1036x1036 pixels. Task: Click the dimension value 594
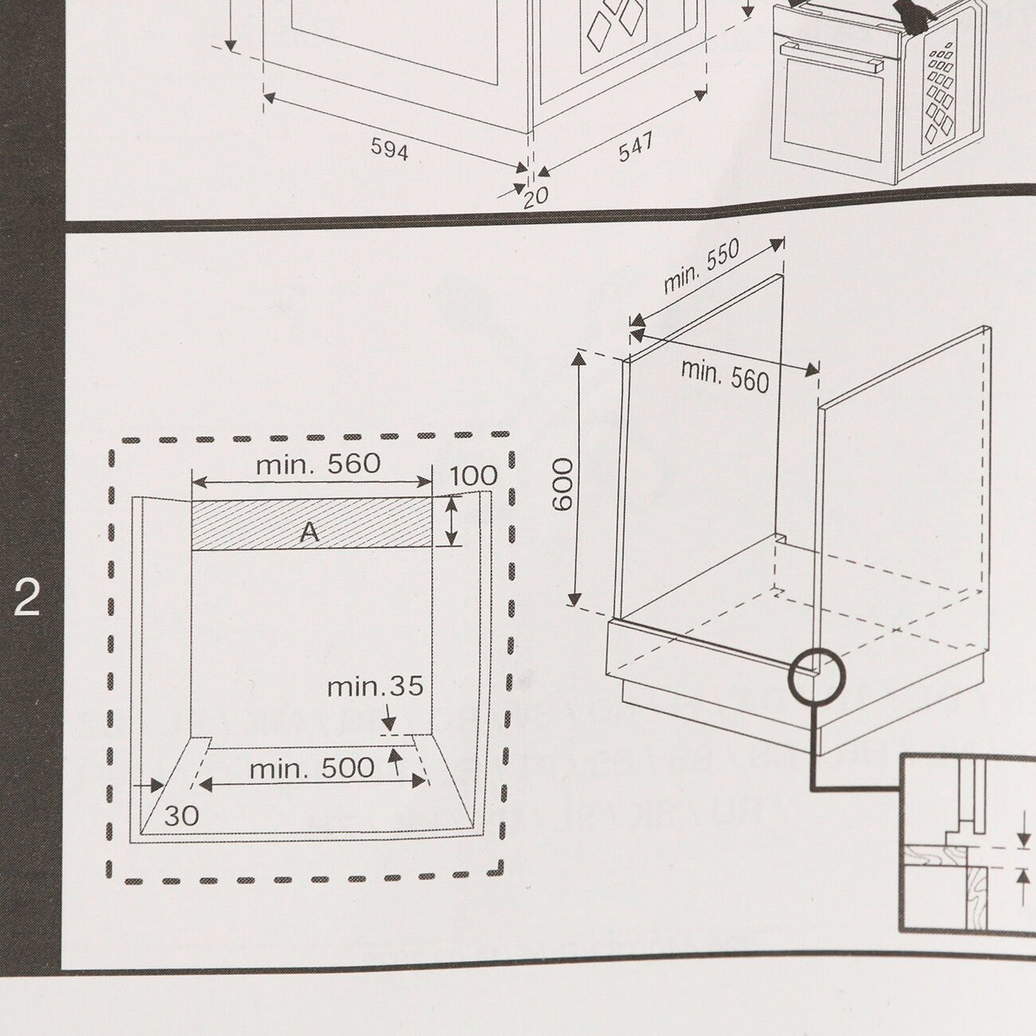pyautogui.click(x=390, y=149)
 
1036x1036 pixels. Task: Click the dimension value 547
pyautogui.click(x=636, y=147)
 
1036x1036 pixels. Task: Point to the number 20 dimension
pyautogui.click(x=536, y=197)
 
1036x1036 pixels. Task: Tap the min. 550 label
pyautogui.click(x=701, y=266)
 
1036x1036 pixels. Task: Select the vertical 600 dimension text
pyautogui.click(x=563, y=485)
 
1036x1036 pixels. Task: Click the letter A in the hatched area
pyautogui.click(x=309, y=532)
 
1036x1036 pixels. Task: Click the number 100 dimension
pyautogui.click(x=473, y=477)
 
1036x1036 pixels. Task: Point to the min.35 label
pyautogui.click(x=375, y=687)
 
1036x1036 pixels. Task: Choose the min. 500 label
pyautogui.click(x=312, y=769)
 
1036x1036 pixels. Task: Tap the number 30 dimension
pyautogui.click(x=181, y=815)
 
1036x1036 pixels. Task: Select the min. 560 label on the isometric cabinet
pyautogui.click(x=725, y=375)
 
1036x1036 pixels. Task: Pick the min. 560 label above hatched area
pyautogui.click(x=318, y=465)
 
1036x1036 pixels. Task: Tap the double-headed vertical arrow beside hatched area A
pyautogui.click(x=453, y=521)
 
